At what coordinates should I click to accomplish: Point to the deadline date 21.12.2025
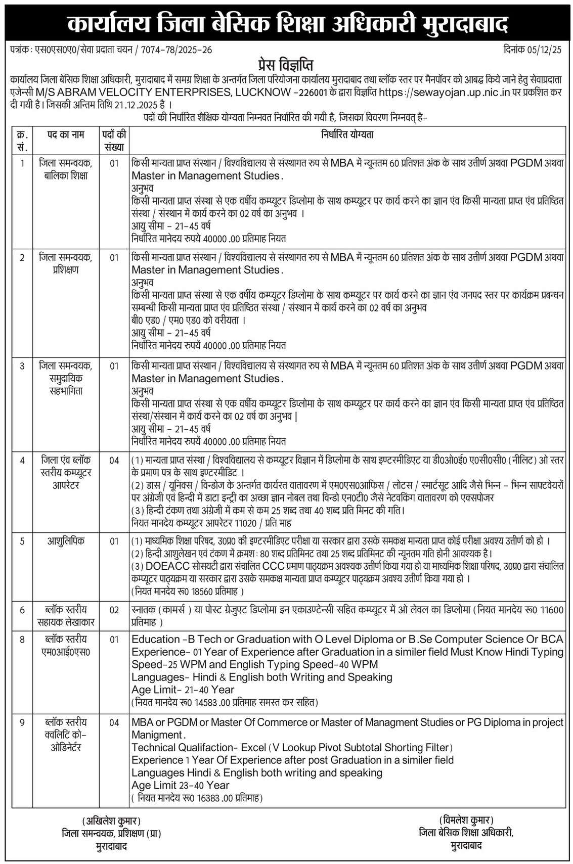click(x=134, y=105)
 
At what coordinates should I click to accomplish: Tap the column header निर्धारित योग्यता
click(x=347, y=135)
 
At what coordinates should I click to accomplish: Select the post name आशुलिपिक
click(x=66, y=541)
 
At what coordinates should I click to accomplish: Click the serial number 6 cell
click(x=22, y=610)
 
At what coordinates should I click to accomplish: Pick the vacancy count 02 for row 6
click(x=114, y=610)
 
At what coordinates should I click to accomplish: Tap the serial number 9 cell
click(x=22, y=722)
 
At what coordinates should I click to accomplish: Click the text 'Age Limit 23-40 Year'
click(x=180, y=785)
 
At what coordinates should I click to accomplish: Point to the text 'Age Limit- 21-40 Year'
click(x=183, y=690)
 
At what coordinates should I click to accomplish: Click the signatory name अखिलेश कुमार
click(x=111, y=820)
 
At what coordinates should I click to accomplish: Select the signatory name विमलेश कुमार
click(x=466, y=820)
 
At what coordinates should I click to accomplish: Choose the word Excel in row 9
click(x=253, y=747)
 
